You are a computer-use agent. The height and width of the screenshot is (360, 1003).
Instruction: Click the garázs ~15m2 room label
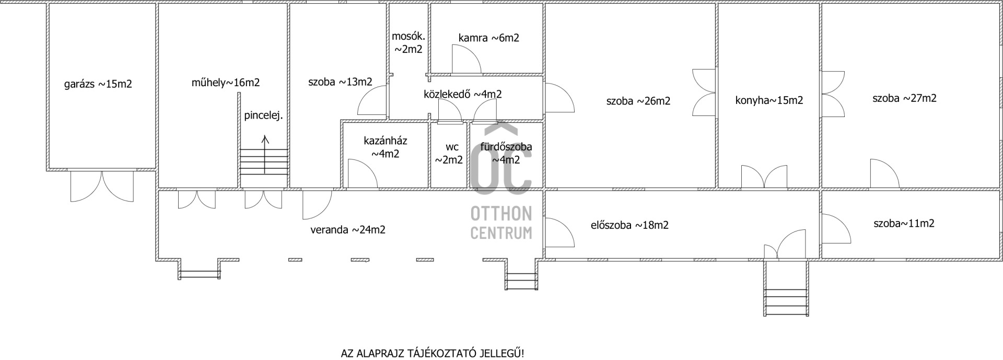coord(98,84)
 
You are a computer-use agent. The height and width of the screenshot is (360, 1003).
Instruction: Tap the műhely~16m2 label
coord(226,83)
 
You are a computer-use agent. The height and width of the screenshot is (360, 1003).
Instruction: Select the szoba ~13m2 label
coord(340,82)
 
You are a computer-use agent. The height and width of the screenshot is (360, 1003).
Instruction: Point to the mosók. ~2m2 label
coord(409,43)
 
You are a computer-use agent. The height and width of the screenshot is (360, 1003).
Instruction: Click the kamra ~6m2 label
coord(489,38)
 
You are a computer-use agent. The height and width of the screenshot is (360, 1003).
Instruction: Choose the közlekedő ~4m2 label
coord(463,94)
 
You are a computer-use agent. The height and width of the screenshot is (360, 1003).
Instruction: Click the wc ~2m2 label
coord(449,154)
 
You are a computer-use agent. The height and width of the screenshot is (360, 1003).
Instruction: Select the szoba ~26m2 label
coord(638,101)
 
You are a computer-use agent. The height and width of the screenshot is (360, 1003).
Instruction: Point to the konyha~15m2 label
coord(769,100)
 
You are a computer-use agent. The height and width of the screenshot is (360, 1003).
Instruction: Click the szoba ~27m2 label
coord(904,98)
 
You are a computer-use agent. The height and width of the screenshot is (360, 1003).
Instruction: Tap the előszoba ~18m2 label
coord(629,225)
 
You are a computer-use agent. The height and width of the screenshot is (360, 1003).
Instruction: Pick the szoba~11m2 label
coord(904,224)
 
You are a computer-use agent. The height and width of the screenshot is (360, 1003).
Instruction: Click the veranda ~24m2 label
coord(348,229)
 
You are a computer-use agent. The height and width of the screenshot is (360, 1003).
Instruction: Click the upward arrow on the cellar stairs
coord(265,155)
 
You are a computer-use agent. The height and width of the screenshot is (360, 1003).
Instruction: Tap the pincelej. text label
coord(263,116)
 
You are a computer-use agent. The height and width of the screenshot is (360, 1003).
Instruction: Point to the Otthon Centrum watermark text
coord(501,222)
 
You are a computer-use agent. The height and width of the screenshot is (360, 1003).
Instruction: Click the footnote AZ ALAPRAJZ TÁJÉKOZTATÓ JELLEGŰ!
coord(433,353)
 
